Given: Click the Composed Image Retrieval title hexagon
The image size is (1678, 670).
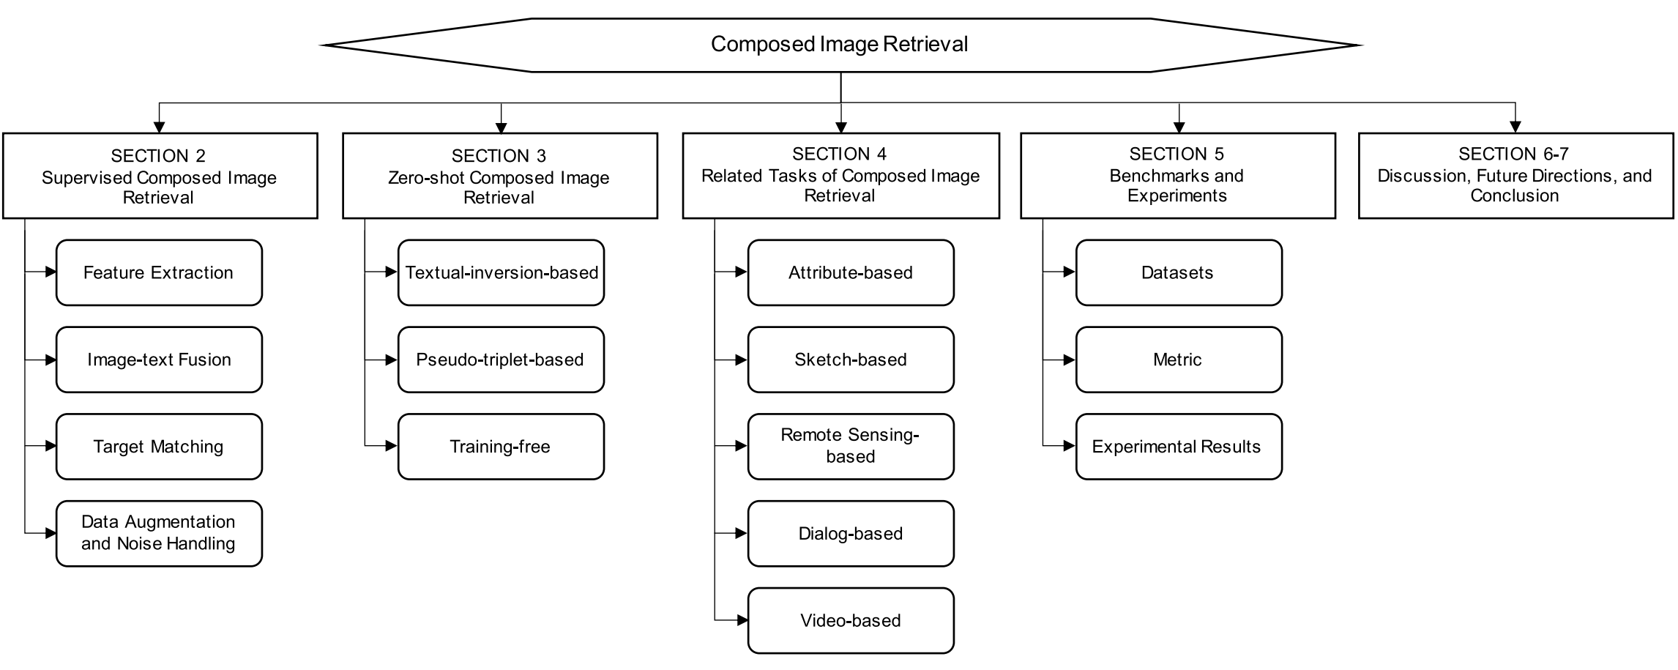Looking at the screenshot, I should [840, 45].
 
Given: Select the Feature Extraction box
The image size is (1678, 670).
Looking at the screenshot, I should [159, 272].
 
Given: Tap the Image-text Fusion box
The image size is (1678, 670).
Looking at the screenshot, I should [159, 360].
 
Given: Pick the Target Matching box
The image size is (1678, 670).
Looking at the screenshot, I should [159, 447].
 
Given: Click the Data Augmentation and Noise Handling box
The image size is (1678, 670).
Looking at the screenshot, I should [159, 533].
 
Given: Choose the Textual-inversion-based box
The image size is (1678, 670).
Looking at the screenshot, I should [501, 272].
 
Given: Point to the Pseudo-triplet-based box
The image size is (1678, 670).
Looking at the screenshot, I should [501, 360].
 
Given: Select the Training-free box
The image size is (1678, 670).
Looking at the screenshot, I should [501, 447].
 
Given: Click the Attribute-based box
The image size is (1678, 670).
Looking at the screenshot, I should [851, 272].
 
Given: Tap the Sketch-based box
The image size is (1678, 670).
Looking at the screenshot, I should [851, 360].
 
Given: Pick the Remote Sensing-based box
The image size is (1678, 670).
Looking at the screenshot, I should [851, 447].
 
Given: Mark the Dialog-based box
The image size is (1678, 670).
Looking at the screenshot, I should [851, 533].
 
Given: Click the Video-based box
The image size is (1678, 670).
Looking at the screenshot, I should [851, 620].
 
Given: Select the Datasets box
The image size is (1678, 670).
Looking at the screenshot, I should [1178, 272].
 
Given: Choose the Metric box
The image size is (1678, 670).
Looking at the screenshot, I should [1178, 360].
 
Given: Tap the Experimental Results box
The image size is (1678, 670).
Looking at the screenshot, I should [1178, 447].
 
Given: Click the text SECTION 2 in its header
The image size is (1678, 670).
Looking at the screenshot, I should [158, 156].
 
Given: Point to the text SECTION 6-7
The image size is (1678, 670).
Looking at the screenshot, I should [1513, 154].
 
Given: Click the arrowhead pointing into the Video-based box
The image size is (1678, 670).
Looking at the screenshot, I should [742, 620].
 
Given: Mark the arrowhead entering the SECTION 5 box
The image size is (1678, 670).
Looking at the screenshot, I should [1179, 127].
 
